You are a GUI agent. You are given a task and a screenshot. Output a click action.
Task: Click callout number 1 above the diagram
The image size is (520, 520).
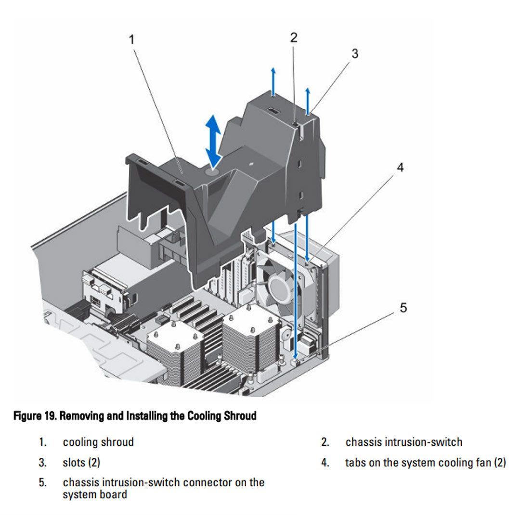[x=131, y=39]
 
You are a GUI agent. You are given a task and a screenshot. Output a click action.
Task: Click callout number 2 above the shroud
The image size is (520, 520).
[x=294, y=38]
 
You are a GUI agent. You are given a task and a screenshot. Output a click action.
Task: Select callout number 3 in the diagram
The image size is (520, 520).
[x=354, y=53]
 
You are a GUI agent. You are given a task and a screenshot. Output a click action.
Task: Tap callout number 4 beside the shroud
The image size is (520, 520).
[x=400, y=168]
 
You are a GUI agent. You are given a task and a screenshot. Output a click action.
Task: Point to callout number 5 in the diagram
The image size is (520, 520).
[x=403, y=308]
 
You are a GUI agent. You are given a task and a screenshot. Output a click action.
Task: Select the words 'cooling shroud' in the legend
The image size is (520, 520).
[x=98, y=442]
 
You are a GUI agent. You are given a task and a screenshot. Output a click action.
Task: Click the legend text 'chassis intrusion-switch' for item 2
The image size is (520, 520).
[x=403, y=442]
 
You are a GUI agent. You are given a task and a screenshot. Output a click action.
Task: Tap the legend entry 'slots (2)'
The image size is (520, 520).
[x=81, y=463]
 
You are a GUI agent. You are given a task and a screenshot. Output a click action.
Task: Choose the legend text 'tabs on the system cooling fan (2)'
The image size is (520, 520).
[x=425, y=463]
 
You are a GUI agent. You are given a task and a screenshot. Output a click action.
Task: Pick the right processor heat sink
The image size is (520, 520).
[x=251, y=337]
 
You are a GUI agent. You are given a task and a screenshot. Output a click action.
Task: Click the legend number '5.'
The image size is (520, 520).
[x=43, y=482]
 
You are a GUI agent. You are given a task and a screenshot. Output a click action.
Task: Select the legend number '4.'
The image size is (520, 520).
[x=325, y=463]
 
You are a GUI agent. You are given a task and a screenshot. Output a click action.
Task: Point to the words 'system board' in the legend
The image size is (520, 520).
[x=95, y=494]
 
